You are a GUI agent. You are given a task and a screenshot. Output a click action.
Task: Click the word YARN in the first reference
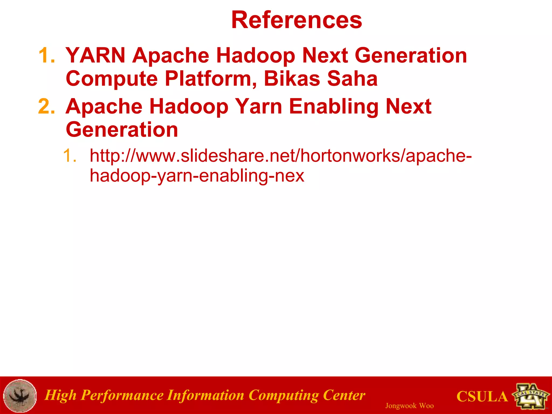(95, 55)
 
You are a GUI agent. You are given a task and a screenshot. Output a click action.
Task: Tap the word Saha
(352, 79)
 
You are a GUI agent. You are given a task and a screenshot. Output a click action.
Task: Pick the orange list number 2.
(46, 106)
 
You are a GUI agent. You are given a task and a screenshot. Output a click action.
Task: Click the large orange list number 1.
(46, 55)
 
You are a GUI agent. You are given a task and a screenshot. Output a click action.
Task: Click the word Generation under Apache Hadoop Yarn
(122, 130)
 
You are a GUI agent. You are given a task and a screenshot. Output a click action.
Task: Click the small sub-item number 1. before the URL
(70, 156)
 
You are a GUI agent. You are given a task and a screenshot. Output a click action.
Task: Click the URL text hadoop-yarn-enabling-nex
(197, 176)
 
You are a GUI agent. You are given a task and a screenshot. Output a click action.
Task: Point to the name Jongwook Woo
(409, 406)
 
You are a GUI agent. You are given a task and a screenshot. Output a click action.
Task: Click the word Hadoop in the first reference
(255, 55)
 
